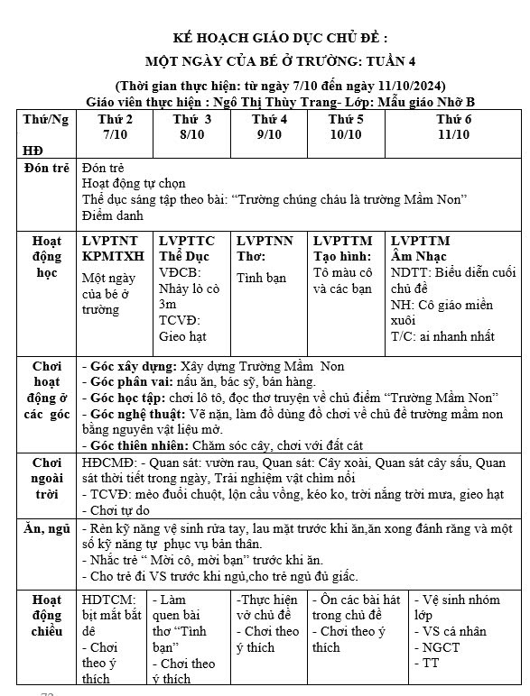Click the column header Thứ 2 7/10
[115, 126]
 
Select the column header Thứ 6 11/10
[453, 126]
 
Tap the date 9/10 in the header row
[269, 134]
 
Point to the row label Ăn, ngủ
[47, 529]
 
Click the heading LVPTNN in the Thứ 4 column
[265, 241]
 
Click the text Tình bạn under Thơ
[261, 278]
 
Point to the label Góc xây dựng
[125, 367]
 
